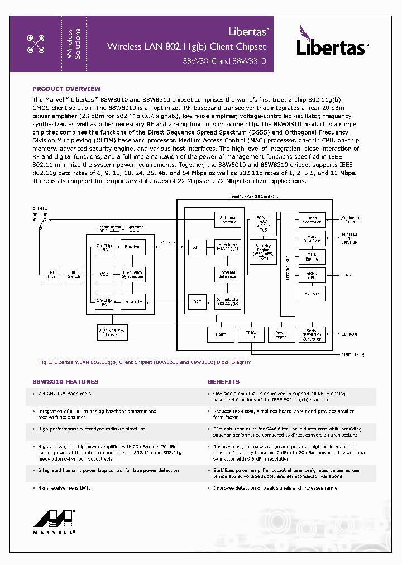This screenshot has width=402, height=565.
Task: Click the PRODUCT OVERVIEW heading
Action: [x=66, y=89]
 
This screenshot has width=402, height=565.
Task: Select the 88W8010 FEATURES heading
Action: [x=65, y=381]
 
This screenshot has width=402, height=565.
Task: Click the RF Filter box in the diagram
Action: [x=52, y=274]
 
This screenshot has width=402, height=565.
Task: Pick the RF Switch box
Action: [x=74, y=274]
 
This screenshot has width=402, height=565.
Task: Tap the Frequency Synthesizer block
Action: [x=133, y=274]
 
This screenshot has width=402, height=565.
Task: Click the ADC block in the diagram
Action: [x=197, y=246]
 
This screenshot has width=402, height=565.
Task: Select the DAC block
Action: [x=197, y=301]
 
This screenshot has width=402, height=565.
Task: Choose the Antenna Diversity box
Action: [x=227, y=220]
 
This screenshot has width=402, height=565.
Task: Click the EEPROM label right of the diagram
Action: [x=350, y=334]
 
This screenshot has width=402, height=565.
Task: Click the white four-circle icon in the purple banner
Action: [x=36, y=44]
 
